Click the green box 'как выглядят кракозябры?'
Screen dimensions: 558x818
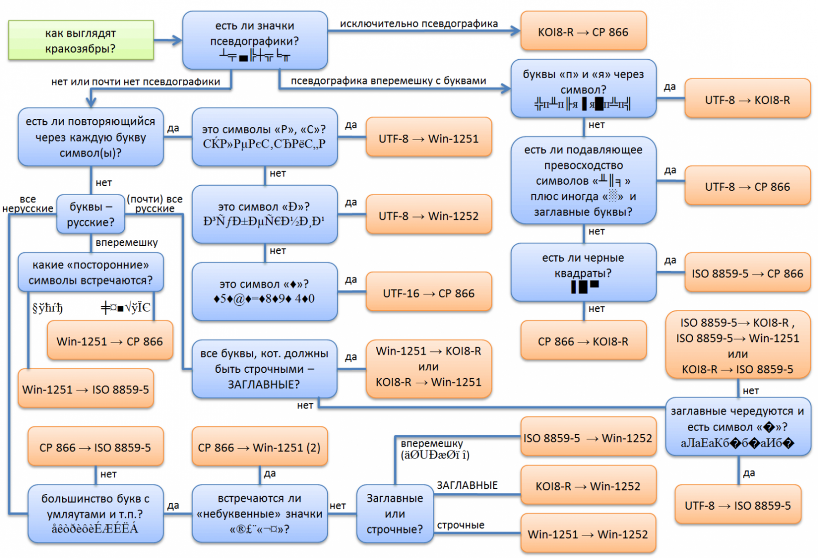81,40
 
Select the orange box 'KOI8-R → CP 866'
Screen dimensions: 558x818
583,31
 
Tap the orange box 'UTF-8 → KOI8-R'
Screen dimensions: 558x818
747,100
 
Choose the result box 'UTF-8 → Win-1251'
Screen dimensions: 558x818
428,138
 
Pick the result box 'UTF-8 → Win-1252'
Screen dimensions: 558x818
428,216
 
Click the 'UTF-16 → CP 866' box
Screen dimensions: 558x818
428,293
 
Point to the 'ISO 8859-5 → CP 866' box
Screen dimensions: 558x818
747,273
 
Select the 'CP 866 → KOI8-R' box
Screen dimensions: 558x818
583,341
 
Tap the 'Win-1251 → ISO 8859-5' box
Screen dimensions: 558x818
85,389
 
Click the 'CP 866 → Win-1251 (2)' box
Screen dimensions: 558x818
259,447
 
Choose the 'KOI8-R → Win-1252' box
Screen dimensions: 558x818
588,486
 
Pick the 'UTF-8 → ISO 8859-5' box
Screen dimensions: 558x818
738,506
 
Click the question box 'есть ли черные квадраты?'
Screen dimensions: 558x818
583,272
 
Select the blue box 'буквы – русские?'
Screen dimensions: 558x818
91,214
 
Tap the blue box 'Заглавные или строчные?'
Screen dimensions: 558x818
394,513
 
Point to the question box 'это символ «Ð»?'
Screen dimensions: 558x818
264,214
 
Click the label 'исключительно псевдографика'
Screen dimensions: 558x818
418,24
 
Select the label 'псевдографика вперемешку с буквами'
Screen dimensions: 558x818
388,81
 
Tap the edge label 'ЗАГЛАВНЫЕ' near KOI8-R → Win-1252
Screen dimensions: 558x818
467,486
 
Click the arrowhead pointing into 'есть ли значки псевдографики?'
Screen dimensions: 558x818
177,40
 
